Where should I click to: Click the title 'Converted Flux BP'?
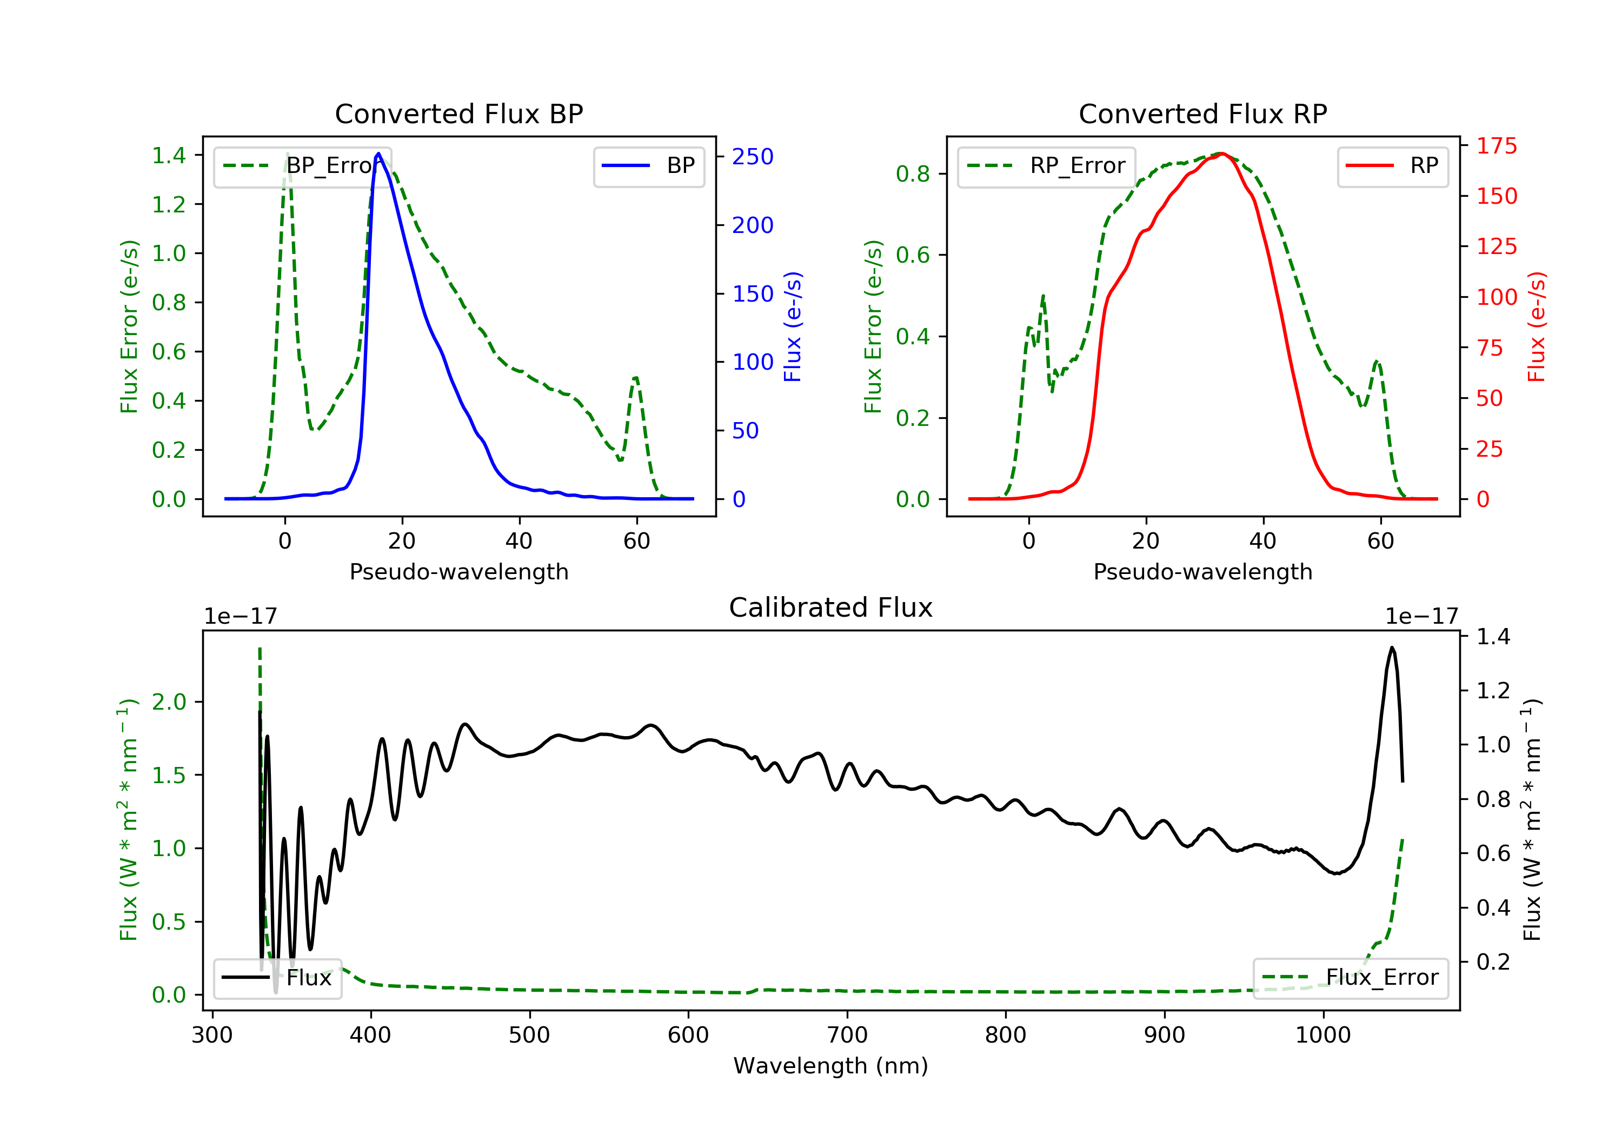point(458,113)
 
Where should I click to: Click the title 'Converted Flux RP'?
point(1202,113)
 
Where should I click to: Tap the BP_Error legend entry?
point(302,166)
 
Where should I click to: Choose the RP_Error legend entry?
point(1046,166)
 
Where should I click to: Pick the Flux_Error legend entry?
point(1350,978)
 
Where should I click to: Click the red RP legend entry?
point(1392,166)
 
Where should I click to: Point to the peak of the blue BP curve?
point(378,153)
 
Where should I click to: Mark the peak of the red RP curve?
point(1222,153)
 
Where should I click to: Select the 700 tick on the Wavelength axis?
point(846,1034)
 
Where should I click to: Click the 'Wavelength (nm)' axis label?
point(831,1066)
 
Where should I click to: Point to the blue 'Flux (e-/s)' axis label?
point(793,327)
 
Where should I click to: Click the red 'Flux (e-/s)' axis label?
point(1537,327)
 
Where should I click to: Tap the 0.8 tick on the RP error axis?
point(913,173)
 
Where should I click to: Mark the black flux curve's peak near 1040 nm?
point(1392,647)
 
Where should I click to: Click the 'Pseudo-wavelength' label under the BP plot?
point(459,571)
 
